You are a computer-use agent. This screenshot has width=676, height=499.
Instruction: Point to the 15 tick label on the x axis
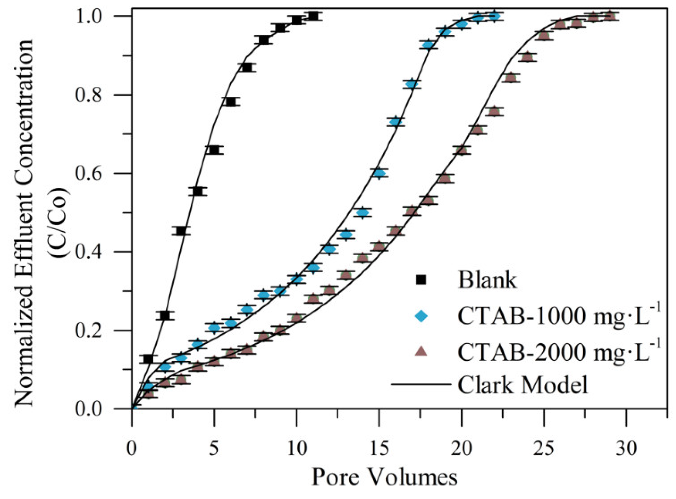pyautogui.click(x=379, y=448)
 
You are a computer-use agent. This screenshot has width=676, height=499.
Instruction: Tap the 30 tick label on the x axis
pyautogui.click(x=626, y=448)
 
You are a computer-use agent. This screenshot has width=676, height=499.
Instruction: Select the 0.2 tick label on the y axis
pyautogui.click(x=88, y=331)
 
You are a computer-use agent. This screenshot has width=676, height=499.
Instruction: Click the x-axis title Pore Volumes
pyautogui.click(x=384, y=477)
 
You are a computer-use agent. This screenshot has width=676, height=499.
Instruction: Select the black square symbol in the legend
pyautogui.click(x=421, y=280)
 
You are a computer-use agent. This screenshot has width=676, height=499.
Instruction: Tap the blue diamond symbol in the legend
pyautogui.click(x=421, y=316)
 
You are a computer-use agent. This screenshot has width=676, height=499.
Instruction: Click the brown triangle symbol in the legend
pyautogui.click(x=421, y=352)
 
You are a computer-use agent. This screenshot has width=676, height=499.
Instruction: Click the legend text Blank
pyautogui.click(x=487, y=280)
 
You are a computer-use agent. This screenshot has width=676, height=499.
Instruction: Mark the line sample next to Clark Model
pyautogui.click(x=421, y=384)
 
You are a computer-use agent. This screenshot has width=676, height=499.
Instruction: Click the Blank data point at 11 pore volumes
pyautogui.click(x=313, y=16)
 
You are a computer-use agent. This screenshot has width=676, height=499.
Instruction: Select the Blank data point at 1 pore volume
pyautogui.click(x=149, y=359)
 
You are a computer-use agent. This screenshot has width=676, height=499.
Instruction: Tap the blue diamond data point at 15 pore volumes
pyautogui.click(x=379, y=173)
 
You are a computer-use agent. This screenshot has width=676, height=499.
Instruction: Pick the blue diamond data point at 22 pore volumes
pyautogui.click(x=495, y=16)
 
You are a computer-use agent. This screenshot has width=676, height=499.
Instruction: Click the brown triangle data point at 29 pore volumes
pyautogui.click(x=610, y=16)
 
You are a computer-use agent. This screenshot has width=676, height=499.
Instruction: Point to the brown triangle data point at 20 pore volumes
pyautogui.click(x=462, y=150)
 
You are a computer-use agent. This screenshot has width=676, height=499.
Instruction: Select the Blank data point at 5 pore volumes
pyautogui.click(x=214, y=150)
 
